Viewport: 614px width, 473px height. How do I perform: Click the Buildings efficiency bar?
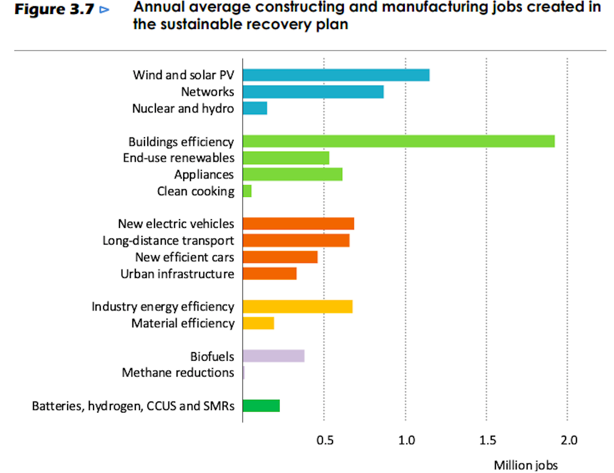pos(398,142)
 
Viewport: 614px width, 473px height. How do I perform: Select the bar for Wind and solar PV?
pos(336,75)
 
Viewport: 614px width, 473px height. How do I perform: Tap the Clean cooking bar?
pos(247,191)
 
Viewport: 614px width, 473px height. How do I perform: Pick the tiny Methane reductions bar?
pos(244,373)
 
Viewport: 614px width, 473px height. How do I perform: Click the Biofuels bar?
pos(273,356)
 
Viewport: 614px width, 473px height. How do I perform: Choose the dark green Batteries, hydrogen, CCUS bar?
pos(261,406)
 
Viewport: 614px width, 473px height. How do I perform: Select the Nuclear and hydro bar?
pos(255,108)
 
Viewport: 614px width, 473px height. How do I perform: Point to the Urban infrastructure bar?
pos(270,274)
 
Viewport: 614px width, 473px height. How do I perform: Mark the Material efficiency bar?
pos(258,323)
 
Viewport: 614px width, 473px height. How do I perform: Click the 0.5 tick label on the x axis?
pos(325,440)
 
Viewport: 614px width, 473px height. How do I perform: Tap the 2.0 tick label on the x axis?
pos(569,440)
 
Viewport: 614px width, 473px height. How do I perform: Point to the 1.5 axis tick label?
pos(488,440)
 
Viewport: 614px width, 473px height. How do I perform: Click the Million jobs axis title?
pos(526,465)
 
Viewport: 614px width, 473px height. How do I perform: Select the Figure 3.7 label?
pos(54,10)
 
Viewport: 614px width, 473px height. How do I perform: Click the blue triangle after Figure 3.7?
pos(104,10)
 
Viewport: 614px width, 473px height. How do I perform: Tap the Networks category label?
pos(207,92)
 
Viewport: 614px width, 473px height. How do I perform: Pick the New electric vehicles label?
pos(176,224)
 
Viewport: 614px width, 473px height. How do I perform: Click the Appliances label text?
pos(204,175)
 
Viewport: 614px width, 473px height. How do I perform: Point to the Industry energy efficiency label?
pos(163,307)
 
